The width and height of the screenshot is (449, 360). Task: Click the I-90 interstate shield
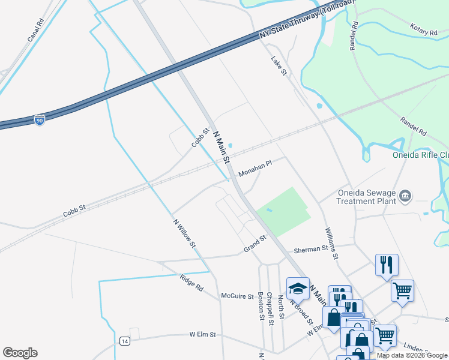click(x=39, y=119)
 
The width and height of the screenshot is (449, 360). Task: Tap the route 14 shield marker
click(x=124, y=341)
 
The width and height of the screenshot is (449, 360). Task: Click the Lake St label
click(x=280, y=66)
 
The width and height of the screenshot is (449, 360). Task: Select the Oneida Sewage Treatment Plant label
click(x=365, y=197)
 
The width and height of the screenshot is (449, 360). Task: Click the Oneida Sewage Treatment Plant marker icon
click(x=406, y=196)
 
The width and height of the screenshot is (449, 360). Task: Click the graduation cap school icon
click(x=297, y=289)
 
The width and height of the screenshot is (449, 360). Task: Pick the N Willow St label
click(x=184, y=232)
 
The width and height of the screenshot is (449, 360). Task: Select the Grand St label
click(x=255, y=245)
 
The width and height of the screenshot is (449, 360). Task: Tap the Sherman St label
click(x=311, y=248)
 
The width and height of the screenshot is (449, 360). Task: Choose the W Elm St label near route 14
click(x=202, y=334)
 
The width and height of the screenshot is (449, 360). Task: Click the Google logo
click(x=20, y=353)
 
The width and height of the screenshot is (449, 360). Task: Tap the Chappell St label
click(x=271, y=309)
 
